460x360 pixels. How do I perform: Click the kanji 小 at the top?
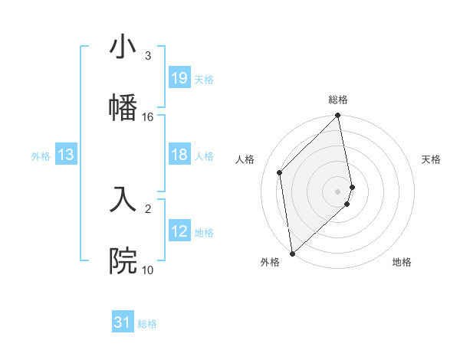click(x=123, y=47)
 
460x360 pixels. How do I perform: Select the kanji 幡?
click(x=123, y=106)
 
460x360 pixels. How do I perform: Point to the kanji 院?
click(x=123, y=260)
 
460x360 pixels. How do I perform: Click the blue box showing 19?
click(x=179, y=78)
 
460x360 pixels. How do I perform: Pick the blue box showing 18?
click(x=179, y=155)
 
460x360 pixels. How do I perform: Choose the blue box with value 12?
click(x=179, y=231)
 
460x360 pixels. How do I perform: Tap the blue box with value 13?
click(x=66, y=155)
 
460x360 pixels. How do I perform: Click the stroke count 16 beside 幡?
click(x=148, y=117)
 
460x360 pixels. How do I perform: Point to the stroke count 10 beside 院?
click(x=148, y=270)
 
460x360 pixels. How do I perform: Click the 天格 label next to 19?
click(x=204, y=79)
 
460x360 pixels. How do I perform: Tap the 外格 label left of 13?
click(x=41, y=155)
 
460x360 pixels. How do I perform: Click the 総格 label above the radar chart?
click(x=338, y=100)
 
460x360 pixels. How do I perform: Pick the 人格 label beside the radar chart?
click(x=245, y=159)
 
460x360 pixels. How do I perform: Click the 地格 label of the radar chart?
click(x=402, y=263)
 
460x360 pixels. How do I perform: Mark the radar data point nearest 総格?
click(x=338, y=116)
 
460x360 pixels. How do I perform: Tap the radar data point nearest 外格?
click(x=292, y=253)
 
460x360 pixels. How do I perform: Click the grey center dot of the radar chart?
click(x=338, y=190)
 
